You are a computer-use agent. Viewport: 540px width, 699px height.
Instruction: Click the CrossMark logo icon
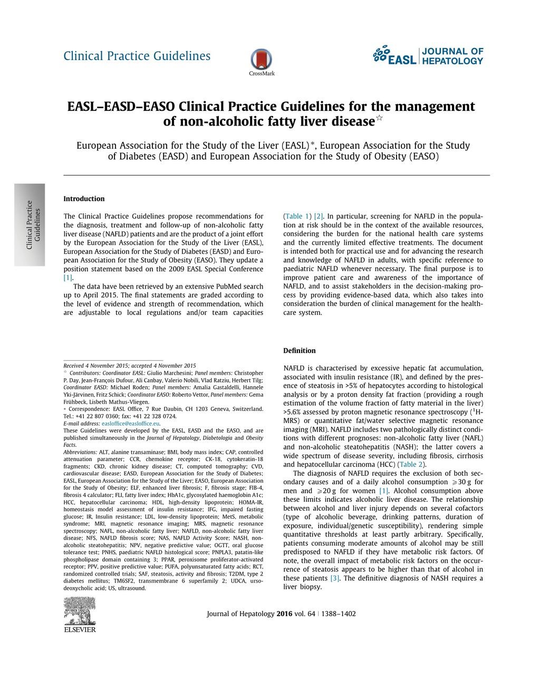tap(262, 60)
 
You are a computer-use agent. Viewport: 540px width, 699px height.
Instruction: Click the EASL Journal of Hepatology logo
tap(428, 56)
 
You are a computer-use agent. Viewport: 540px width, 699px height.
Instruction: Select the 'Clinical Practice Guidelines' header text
tap(137, 56)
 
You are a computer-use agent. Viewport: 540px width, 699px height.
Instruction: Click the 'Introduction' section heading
tap(84, 199)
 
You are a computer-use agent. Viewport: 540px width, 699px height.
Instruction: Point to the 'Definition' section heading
tap(299, 351)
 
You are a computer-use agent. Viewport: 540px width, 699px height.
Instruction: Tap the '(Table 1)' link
tap(297, 216)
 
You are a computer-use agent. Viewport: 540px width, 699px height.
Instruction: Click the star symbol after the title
tap(380, 119)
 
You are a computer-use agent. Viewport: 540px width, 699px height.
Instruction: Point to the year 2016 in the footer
tap(284, 614)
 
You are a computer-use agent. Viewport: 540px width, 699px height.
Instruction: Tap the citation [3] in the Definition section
tap(335, 578)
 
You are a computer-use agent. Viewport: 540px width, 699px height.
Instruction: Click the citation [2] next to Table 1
tap(319, 216)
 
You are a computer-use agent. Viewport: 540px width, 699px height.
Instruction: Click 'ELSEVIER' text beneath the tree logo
tap(80, 629)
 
